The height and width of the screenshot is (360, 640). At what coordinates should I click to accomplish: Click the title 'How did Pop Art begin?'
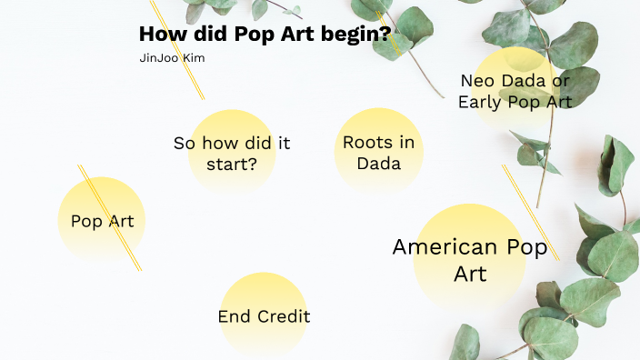[x=265, y=35]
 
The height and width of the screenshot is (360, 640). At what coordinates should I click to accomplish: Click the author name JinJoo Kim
[x=172, y=57]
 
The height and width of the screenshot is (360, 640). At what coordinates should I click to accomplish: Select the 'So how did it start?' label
[x=232, y=154]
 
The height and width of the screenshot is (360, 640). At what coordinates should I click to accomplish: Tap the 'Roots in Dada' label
[x=378, y=153]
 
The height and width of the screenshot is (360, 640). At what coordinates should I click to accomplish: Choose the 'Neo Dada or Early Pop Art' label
[x=515, y=91]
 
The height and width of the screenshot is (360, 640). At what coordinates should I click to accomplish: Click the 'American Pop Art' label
[x=470, y=259]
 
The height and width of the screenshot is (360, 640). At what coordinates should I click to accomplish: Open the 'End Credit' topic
[x=264, y=316]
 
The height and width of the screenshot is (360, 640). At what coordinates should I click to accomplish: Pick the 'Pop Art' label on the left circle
[x=102, y=221]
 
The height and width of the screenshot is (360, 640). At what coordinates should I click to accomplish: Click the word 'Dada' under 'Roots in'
[x=378, y=165]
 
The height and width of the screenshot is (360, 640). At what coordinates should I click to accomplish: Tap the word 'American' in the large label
[x=445, y=246]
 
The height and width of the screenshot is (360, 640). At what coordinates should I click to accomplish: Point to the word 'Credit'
[x=283, y=316]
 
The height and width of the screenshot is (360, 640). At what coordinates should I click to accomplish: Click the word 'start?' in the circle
[x=232, y=165]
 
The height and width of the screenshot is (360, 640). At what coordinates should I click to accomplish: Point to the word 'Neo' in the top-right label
[x=478, y=81]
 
